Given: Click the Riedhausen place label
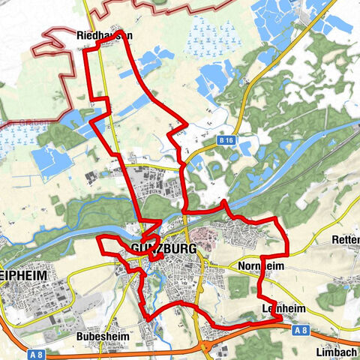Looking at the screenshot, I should pyautogui.click(x=104, y=34).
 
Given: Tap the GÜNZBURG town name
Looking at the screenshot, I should pyautogui.click(x=163, y=248).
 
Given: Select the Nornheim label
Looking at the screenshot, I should pyautogui.click(x=260, y=266).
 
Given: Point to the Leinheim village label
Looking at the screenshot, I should pyautogui.click(x=281, y=308).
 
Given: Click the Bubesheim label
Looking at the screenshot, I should pyautogui.click(x=100, y=337).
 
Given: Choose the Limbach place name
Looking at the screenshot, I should pyautogui.click(x=335, y=352).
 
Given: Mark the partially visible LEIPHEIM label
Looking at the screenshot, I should pyautogui.click(x=23, y=276).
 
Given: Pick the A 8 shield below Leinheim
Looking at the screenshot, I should pyautogui.click(x=301, y=330).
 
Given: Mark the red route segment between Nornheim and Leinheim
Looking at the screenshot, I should pyautogui.click(x=259, y=289).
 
